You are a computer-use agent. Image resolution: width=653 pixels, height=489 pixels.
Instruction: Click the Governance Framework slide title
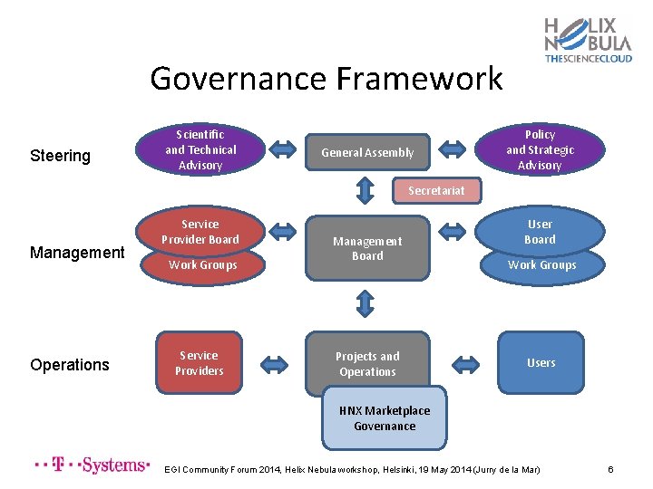point(326,79)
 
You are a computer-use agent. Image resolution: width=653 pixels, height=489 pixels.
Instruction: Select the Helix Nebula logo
point(587,40)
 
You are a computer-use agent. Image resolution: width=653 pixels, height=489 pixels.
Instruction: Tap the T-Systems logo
point(91,465)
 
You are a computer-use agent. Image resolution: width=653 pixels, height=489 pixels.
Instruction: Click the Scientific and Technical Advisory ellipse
point(200,149)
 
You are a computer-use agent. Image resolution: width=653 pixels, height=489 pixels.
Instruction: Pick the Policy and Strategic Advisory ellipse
point(540,149)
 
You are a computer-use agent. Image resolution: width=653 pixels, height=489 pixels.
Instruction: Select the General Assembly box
point(367,152)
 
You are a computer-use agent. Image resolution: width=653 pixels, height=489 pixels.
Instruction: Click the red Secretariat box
point(435,190)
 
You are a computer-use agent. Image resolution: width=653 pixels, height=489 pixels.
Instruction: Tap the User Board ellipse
point(540,232)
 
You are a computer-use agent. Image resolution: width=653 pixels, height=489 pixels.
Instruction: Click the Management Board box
point(367,248)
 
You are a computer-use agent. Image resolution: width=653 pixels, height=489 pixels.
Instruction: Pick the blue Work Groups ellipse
point(541,265)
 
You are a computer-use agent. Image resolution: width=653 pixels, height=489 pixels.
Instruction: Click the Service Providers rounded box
point(199,363)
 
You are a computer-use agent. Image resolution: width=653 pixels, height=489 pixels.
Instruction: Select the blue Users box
point(541,363)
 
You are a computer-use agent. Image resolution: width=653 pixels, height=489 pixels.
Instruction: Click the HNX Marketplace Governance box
point(385,418)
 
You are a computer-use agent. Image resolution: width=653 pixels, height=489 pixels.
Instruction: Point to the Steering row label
point(60,156)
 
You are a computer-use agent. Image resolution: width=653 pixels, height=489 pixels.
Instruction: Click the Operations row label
point(70,365)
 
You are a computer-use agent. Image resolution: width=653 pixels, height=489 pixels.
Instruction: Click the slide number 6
point(610,469)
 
